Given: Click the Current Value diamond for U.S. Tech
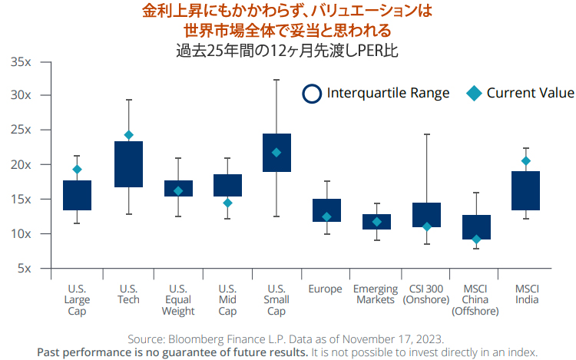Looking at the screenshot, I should [x=129, y=135].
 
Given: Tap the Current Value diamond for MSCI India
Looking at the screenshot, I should [x=526, y=161].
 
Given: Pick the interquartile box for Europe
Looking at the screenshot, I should [x=326, y=210].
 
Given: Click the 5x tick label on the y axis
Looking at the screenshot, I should [x=24, y=269].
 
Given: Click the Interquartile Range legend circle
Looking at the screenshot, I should [x=312, y=94].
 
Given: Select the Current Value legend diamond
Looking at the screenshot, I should [x=474, y=94].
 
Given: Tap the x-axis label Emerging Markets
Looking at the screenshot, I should [x=376, y=295].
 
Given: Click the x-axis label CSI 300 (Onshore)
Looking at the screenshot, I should [x=426, y=295].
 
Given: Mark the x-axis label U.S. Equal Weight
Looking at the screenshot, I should [x=178, y=300].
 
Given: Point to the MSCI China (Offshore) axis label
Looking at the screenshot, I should [x=476, y=300].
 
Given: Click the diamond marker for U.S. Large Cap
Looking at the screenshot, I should [x=77, y=170].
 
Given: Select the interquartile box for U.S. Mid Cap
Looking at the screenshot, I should [x=228, y=185].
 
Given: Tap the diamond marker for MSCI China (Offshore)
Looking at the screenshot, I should [x=476, y=239].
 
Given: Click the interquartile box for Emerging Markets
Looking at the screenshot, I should [x=376, y=222].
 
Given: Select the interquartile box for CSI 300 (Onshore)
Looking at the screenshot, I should [x=426, y=215].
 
